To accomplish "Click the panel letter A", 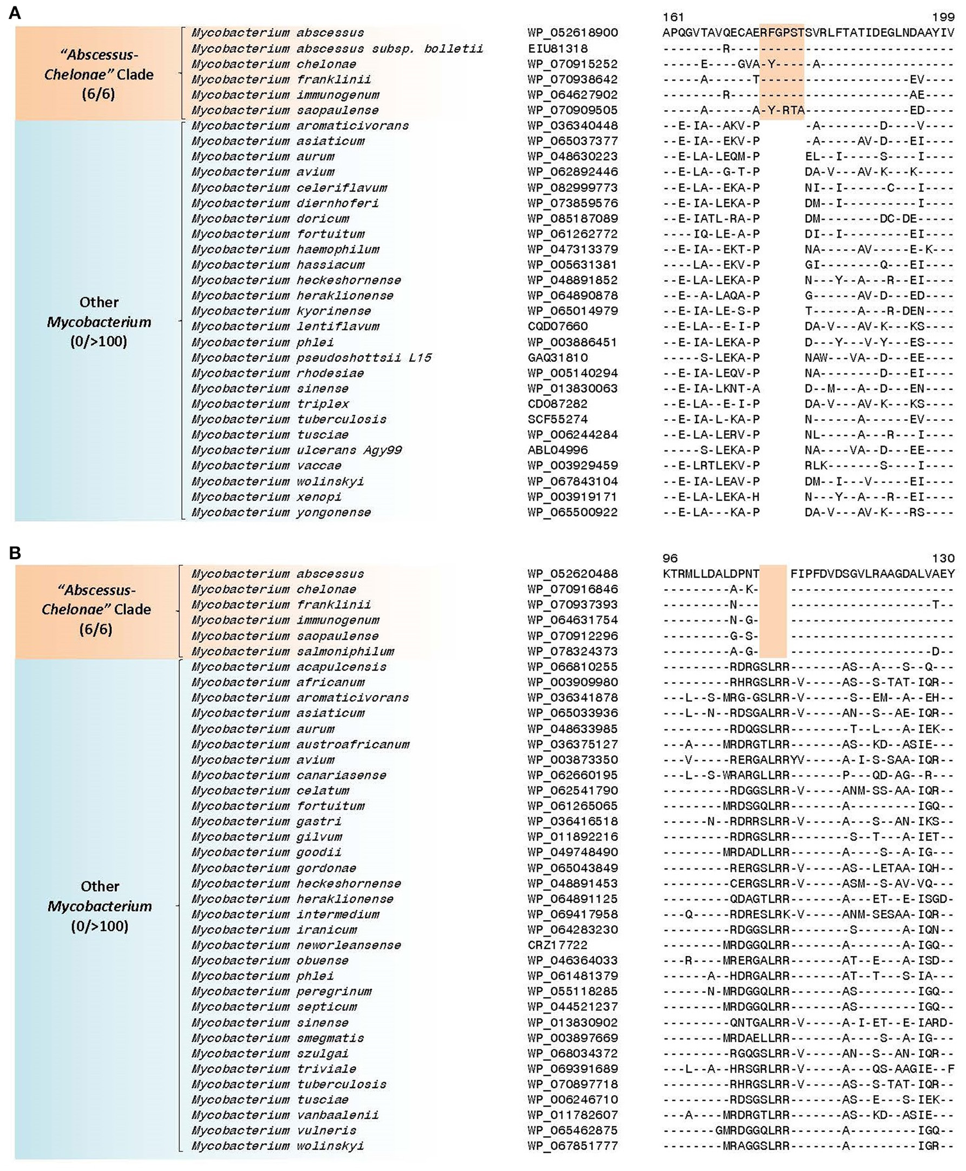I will pos(15,13).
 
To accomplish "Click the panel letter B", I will pos(15,553).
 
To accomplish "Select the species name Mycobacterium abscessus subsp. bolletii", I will pos(337,49).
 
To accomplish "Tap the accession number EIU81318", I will pos(558,49).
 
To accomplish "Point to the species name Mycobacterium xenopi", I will pos(266,497).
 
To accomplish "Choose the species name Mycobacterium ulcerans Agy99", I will pos(297,450).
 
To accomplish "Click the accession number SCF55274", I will pos(558,419).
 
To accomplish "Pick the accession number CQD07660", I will pos(558,326).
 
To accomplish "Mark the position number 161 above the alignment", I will pos(673,17).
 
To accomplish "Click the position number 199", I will pos(943,17).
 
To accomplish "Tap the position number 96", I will pos(670,558).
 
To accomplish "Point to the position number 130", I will pos(943,558).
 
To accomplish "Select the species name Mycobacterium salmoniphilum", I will pos(293,651).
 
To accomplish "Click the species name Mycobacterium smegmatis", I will pos(277,1038).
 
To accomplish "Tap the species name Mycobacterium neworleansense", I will pos(296,945).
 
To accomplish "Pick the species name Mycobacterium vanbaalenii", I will pos(285,1115).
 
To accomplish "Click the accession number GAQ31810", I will pos(558,357).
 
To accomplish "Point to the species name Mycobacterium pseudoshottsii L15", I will pos(311,357).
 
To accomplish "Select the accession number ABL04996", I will pos(558,450).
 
